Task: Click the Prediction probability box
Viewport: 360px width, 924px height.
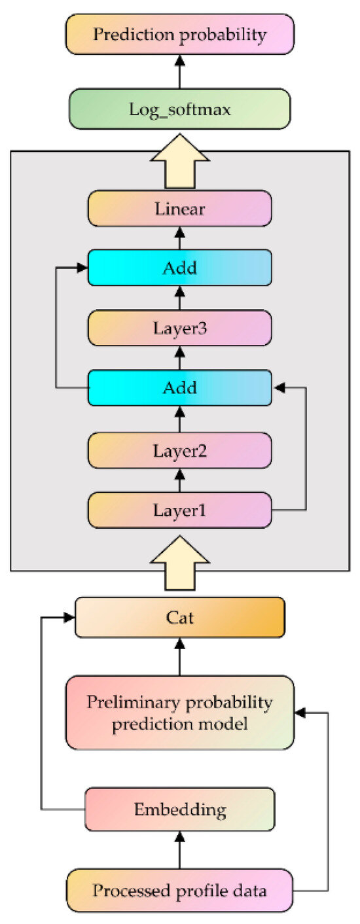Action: pos(179,35)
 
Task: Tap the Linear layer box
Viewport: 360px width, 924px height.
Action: pos(179,209)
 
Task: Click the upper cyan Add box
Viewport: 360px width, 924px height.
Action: pos(179,268)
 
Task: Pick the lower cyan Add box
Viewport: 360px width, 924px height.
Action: pos(179,388)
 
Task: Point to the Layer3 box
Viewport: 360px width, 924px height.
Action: pos(179,328)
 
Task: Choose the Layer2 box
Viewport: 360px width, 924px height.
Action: pos(179,450)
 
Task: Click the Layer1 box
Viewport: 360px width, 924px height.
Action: pos(179,510)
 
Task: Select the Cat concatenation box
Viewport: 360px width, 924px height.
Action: pos(179,617)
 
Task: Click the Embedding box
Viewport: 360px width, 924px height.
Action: pos(179,809)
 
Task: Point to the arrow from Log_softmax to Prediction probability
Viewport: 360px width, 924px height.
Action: pos(179,71)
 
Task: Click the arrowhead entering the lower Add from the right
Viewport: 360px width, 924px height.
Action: pos(279,388)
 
